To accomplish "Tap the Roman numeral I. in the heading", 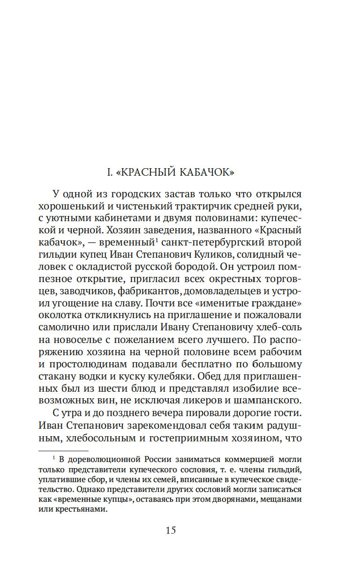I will (x=110, y=172).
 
